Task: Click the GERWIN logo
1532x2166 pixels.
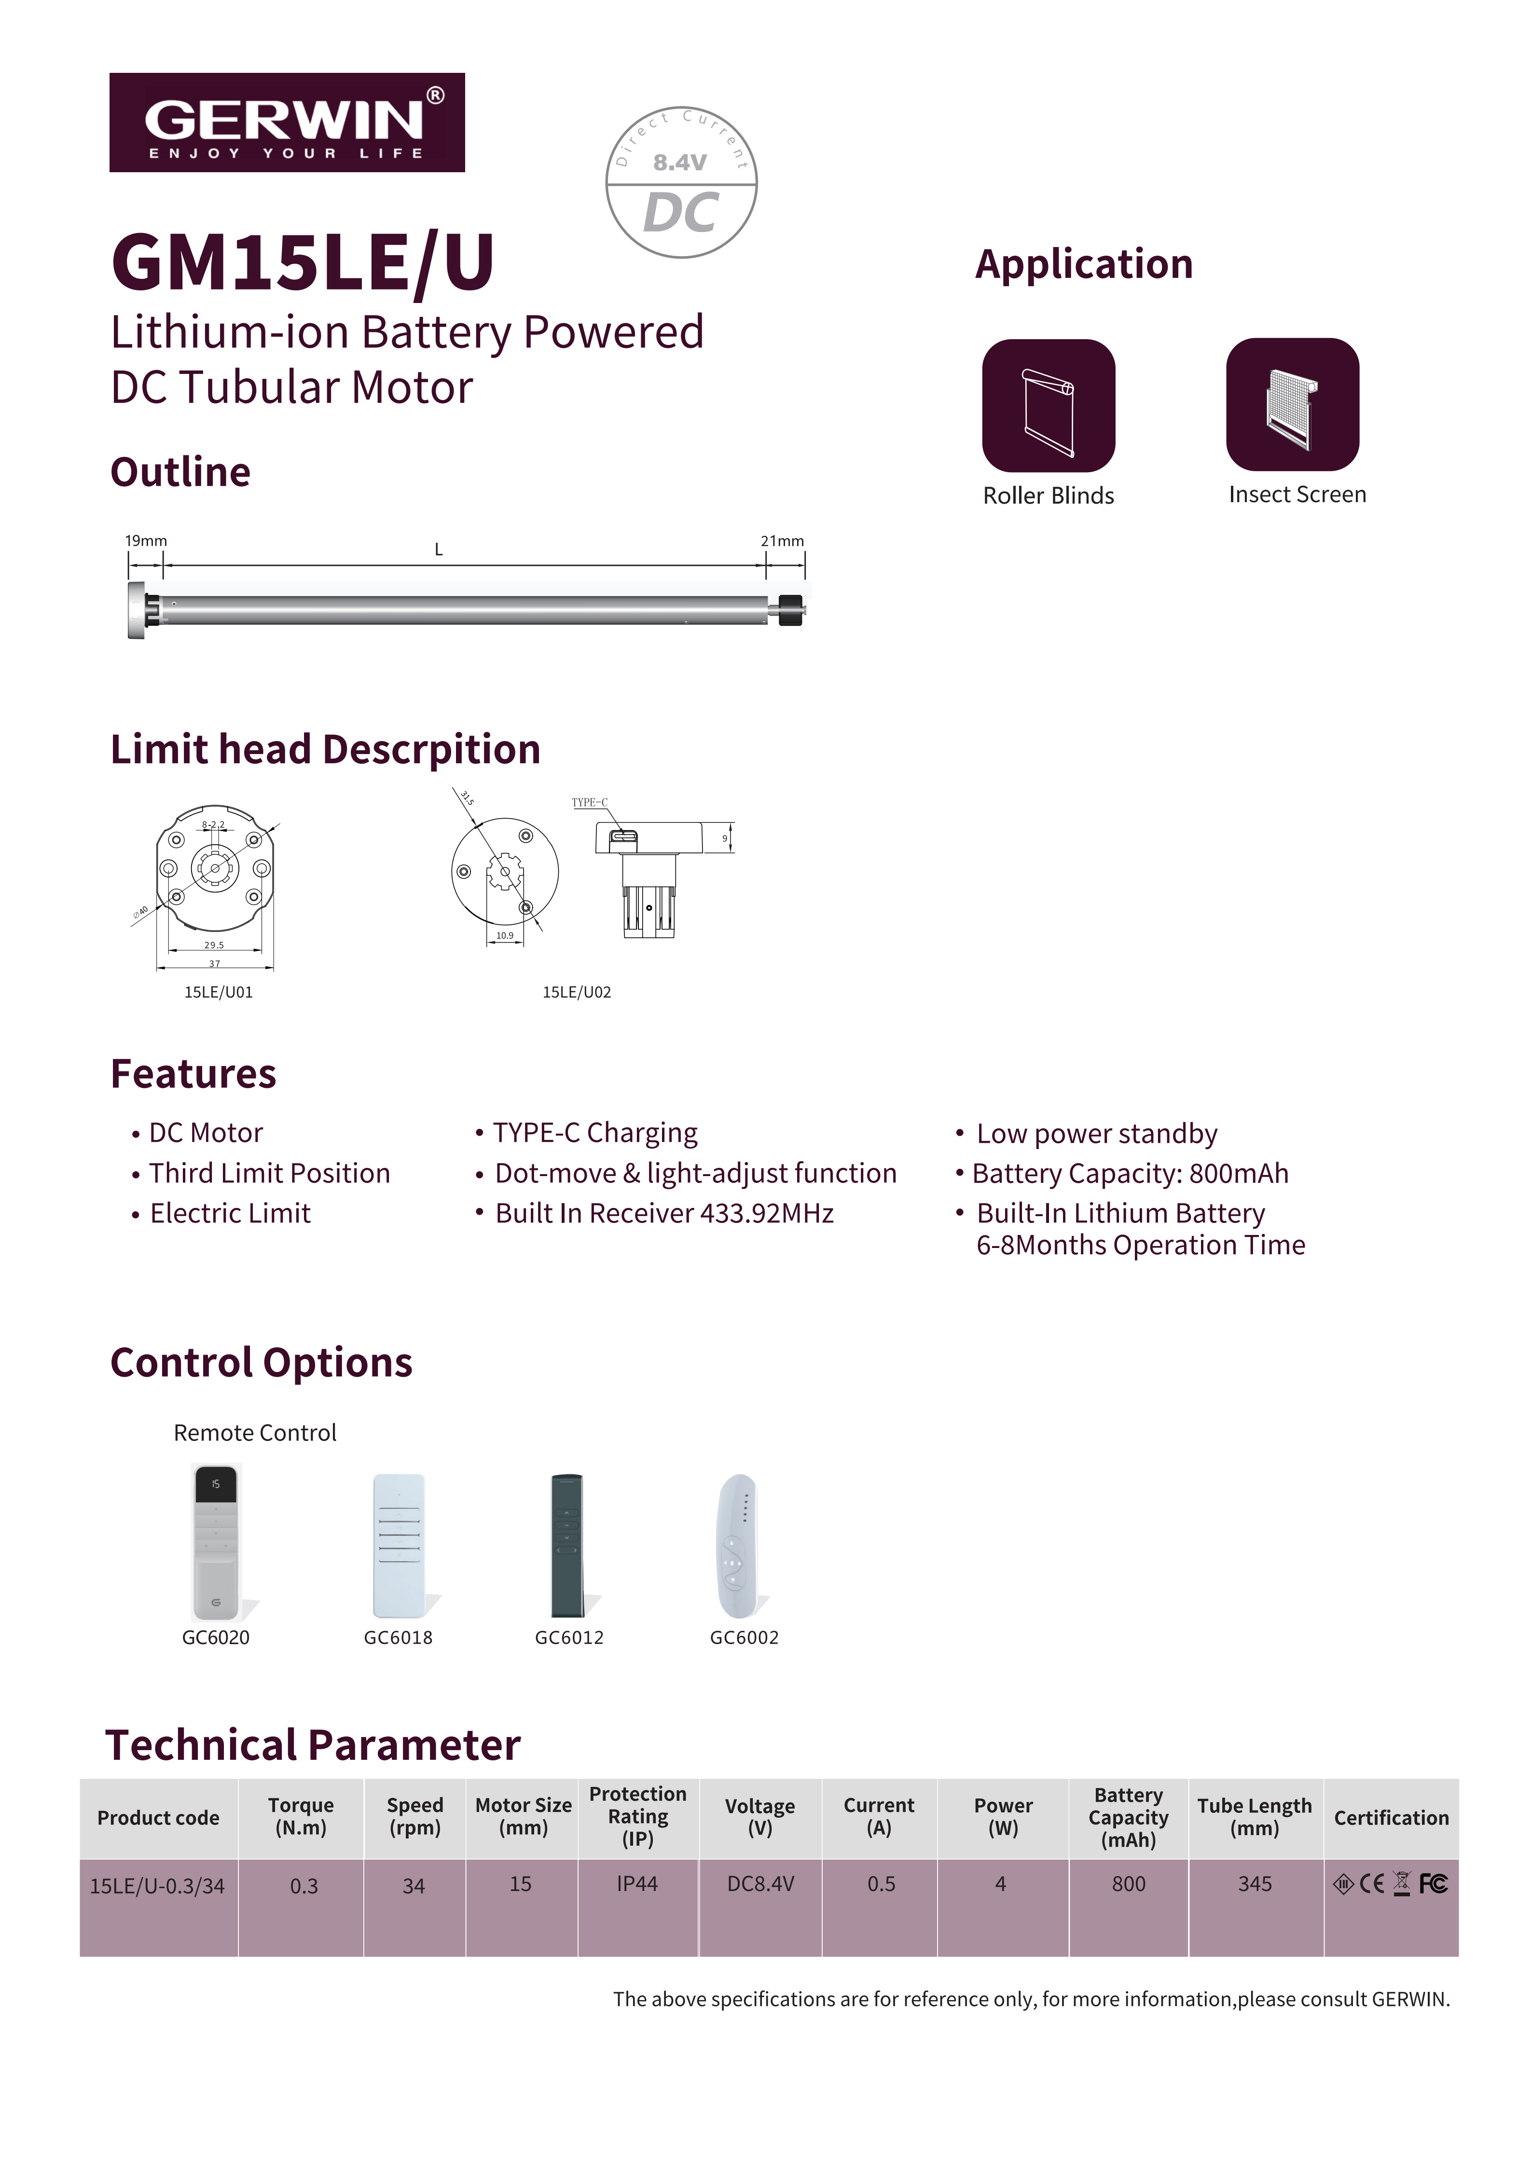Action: point(287,123)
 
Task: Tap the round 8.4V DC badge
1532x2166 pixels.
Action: point(681,182)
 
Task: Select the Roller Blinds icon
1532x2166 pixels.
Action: point(1048,406)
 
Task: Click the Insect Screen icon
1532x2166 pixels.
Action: point(1292,405)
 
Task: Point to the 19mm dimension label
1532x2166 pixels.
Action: point(146,541)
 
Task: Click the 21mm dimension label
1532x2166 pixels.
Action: point(782,541)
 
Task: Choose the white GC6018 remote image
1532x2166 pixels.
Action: point(399,1545)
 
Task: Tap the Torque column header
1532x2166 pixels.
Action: point(301,1816)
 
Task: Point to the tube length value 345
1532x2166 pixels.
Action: point(1255,1884)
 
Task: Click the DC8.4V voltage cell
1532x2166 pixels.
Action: point(760,1884)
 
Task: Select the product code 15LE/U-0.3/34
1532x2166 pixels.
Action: point(157,1886)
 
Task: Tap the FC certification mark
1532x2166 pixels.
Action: point(1433,1884)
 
